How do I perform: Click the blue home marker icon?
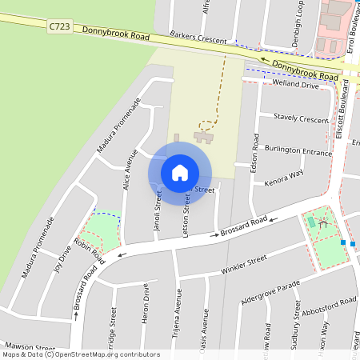(x=180, y=173)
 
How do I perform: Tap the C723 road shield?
(x=58, y=26)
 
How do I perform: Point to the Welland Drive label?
(x=295, y=83)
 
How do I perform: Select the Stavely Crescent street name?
(x=301, y=118)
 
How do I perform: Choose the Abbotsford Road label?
(x=330, y=306)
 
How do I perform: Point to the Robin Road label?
(x=89, y=250)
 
